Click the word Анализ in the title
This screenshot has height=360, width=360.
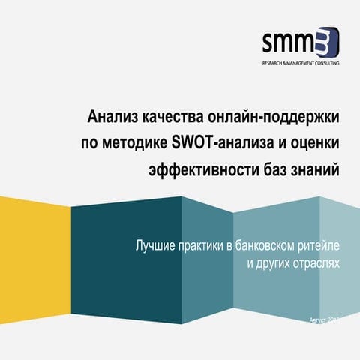click(111, 118)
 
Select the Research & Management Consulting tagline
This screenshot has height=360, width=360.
click(300, 63)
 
